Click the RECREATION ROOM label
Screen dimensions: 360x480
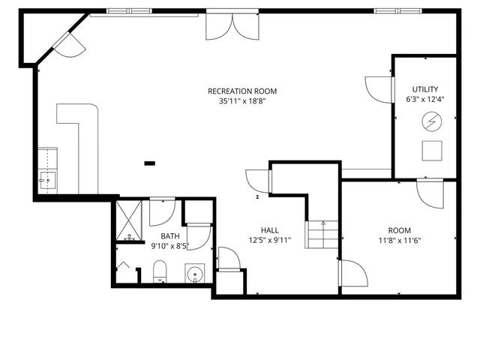coord(237,91)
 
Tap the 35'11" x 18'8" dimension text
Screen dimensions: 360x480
coord(237,101)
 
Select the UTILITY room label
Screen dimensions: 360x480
coord(425,89)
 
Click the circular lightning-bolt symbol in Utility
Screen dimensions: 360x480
coord(431,120)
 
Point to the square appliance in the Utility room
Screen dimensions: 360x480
coord(431,150)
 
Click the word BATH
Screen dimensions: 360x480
coord(169,236)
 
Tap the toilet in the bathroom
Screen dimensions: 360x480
coord(160,271)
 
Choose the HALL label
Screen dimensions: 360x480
coord(270,230)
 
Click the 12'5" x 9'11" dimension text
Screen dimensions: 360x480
coord(270,241)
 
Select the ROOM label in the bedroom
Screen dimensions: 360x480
coord(399,230)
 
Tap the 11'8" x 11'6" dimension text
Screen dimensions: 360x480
coord(399,241)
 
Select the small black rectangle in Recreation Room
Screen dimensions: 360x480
coord(150,162)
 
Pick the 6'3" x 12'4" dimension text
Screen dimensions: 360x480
coord(425,99)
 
